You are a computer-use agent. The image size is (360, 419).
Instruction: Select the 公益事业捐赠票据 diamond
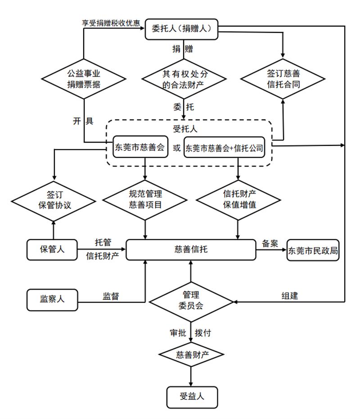[x=84, y=78]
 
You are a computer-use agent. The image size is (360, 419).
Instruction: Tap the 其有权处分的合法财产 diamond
[x=183, y=78]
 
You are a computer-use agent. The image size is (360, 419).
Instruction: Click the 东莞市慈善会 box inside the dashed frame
[x=139, y=147]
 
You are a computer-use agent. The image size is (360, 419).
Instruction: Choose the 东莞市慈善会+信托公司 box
[x=224, y=148]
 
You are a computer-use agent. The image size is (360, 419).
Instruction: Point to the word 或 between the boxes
[x=176, y=148]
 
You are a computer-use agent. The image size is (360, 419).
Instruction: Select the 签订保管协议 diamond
[x=54, y=199]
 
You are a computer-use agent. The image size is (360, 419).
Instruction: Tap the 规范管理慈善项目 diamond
[x=145, y=199]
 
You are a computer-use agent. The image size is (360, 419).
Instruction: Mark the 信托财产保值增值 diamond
[x=238, y=199]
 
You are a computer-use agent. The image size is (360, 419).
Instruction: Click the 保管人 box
[x=52, y=249]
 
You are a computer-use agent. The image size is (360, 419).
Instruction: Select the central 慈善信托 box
[x=190, y=249]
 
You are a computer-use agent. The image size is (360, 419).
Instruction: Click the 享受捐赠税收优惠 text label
[x=110, y=23]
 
